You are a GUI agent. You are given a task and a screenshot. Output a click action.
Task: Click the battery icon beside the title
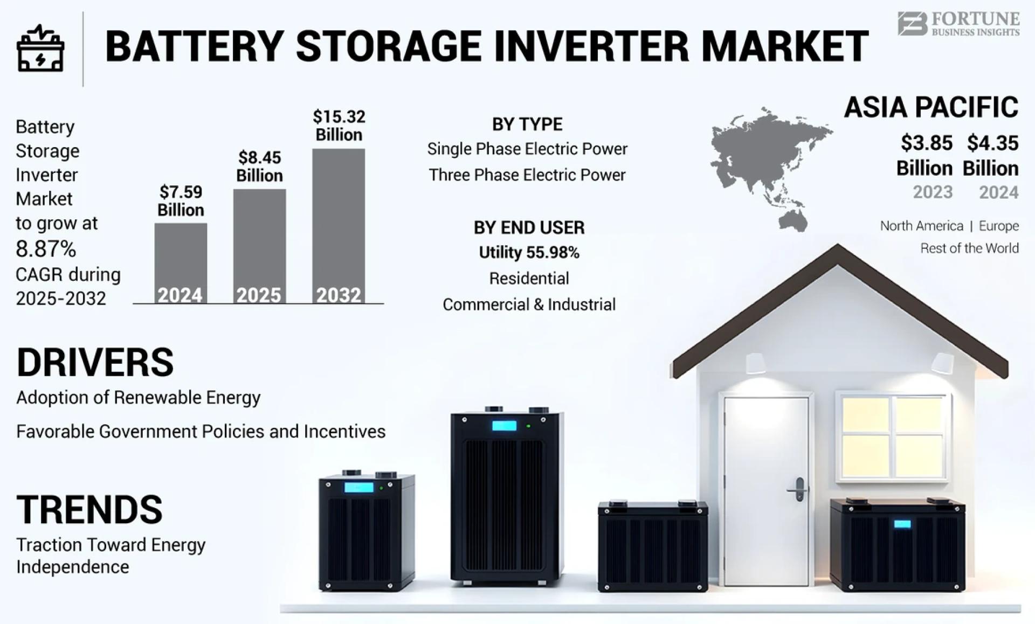pyautogui.click(x=40, y=49)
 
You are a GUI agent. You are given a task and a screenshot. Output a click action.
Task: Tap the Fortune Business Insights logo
pyautogui.click(x=958, y=24)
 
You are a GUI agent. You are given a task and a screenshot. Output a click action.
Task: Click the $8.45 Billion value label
pyautogui.click(x=259, y=167)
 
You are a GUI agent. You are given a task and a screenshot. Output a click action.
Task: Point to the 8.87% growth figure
pyautogui.click(x=46, y=249)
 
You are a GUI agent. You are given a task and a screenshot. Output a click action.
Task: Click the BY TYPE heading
pyautogui.click(x=527, y=124)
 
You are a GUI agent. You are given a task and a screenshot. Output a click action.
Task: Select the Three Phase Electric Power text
pyautogui.click(x=527, y=175)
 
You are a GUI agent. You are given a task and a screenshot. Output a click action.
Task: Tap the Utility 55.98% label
pyautogui.click(x=529, y=253)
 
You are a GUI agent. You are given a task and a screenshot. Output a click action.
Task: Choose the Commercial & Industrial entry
pyautogui.click(x=529, y=304)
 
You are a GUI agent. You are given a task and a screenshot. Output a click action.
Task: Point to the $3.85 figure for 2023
pyautogui.click(x=926, y=143)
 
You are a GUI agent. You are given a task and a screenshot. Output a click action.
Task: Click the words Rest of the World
pyautogui.click(x=969, y=248)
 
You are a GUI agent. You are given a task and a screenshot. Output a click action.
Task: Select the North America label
pyautogui.click(x=921, y=226)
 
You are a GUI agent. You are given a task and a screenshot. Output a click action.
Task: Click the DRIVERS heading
pyautogui.click(x=95, y=362)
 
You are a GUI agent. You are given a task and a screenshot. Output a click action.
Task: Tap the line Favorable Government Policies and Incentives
pyautogui.click(x=201, y=432)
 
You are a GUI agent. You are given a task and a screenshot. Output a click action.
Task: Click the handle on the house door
pyautogui.click(x=798, y=490)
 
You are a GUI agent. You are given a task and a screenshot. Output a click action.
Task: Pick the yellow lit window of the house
pyautogui.click(x=893, y=437)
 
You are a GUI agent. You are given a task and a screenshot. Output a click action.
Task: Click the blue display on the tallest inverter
pyautogui.click(x=504, y=426)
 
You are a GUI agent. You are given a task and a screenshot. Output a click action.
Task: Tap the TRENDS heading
pyautogui.click(x=89, y=510)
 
